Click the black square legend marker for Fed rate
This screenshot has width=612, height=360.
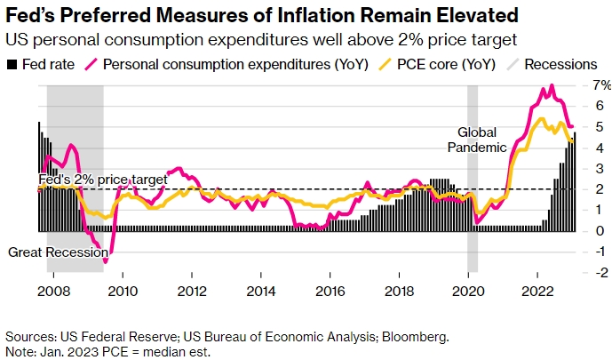pyautogui.click(x=12, y=65)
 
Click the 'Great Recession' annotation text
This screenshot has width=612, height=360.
pyautogui.click(x=52, y=252)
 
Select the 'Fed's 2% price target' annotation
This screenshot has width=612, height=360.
pyautogui.click(x=102, y=180)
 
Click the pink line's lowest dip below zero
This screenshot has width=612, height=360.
pyautogui.click(x=106, y=261)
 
